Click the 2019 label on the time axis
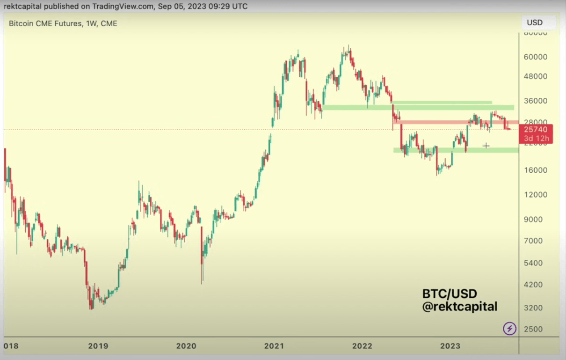tap(98, 346)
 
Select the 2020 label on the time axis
tap(186, 346)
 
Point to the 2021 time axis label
tap(274, 346)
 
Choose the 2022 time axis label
tap(362, 346)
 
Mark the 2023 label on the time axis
tap(450, 346)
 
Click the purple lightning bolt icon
tap(509, 329)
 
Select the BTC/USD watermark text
tap(450, 294)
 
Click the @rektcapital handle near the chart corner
tap(460, 307)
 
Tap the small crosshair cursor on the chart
tap(486, 146)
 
